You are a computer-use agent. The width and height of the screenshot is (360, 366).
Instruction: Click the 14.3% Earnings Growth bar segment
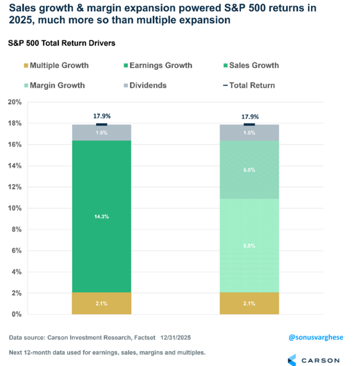101,216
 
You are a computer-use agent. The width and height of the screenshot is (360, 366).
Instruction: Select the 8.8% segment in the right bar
250,246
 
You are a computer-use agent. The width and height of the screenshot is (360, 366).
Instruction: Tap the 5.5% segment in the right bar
250,170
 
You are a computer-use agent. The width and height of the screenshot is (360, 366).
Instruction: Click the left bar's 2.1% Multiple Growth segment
101,304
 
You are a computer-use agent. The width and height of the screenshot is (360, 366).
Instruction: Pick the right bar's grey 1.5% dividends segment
250,132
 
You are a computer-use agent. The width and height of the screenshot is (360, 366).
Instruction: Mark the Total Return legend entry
247,85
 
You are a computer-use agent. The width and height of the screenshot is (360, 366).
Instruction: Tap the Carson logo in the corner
313,359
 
